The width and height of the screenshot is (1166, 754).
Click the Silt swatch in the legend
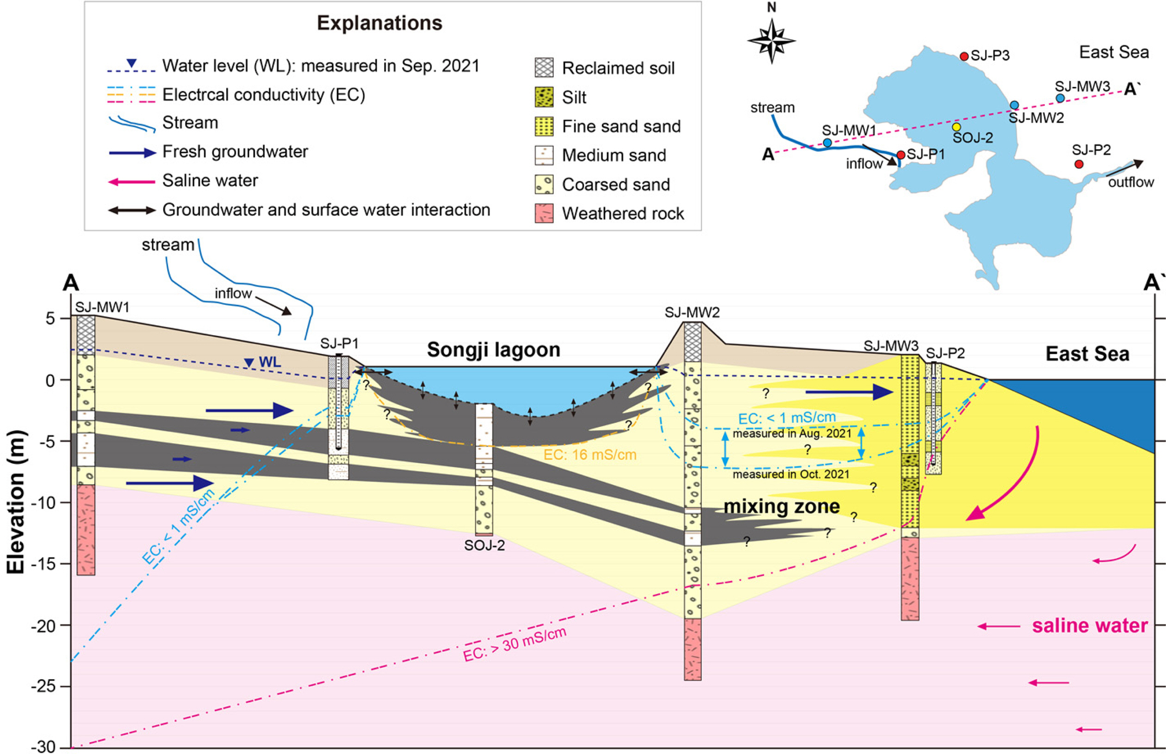pos(544,97)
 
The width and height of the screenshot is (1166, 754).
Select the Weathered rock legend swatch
pos(544,213)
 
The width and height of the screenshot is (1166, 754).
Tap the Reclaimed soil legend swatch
pos(544,68)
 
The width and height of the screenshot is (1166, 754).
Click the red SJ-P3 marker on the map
pos(964,56)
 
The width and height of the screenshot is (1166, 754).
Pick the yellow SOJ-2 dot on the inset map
pos(956,127)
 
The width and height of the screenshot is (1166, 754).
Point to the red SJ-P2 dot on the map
pos(1079,164)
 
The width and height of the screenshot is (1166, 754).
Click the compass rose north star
pos(772,41)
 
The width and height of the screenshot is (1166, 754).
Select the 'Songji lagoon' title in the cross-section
pos(493,350)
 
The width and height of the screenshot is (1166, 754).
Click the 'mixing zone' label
pos(781,506)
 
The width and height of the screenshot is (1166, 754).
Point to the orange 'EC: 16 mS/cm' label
pos(589,455)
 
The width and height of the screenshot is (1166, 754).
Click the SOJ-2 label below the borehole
pos(484,545)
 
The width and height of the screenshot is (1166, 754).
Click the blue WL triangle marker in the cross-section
pos(249,363)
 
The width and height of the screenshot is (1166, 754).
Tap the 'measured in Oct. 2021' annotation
pos(790,475)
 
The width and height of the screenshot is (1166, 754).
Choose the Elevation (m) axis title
pos(16,502)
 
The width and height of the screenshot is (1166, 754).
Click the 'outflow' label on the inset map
pos(1131,182)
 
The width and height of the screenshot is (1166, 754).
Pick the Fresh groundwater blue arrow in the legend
pos(132,152)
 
